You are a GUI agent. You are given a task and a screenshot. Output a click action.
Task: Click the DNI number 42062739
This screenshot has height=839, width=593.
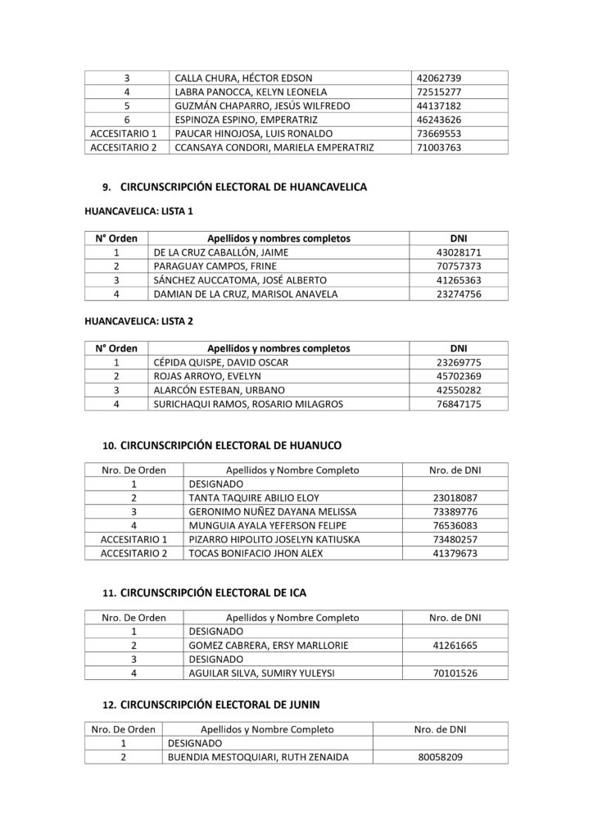440,77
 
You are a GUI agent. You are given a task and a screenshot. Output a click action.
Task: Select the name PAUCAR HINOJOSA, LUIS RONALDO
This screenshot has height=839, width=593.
252,133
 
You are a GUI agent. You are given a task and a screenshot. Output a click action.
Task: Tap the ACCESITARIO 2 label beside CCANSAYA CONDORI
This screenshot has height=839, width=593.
125,147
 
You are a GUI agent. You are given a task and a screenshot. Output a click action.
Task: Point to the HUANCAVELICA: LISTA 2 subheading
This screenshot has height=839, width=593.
139,321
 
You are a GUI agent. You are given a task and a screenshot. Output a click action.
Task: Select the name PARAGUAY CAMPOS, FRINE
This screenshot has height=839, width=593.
215,266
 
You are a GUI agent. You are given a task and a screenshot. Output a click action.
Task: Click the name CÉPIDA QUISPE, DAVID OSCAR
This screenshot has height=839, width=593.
220,362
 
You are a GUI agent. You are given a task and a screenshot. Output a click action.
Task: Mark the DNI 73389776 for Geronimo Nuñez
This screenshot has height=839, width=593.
455,511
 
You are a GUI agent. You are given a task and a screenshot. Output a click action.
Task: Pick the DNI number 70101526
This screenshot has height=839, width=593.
455,673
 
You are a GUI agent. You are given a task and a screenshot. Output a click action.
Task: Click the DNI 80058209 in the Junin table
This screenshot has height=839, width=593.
440,757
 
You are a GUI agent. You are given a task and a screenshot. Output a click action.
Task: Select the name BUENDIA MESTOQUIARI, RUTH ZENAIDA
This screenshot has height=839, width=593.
258,757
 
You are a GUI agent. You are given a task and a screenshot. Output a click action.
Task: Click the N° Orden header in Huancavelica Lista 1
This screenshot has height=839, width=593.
116,238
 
